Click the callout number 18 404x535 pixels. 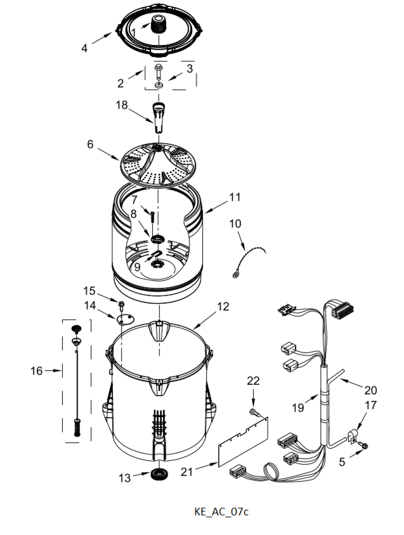pyautogui.click(x=122, y=105)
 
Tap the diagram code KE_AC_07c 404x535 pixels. pyautogui.click(x=221, y=511)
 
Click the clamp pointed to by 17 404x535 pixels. pyautogui.click(x=352, y=436)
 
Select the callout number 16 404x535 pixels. pyautogui.click(x=37, y=371)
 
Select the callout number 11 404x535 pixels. pyautogui.click(x=234, y=198)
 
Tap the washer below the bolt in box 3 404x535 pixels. pyautogui.click(x=159, y=85)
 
